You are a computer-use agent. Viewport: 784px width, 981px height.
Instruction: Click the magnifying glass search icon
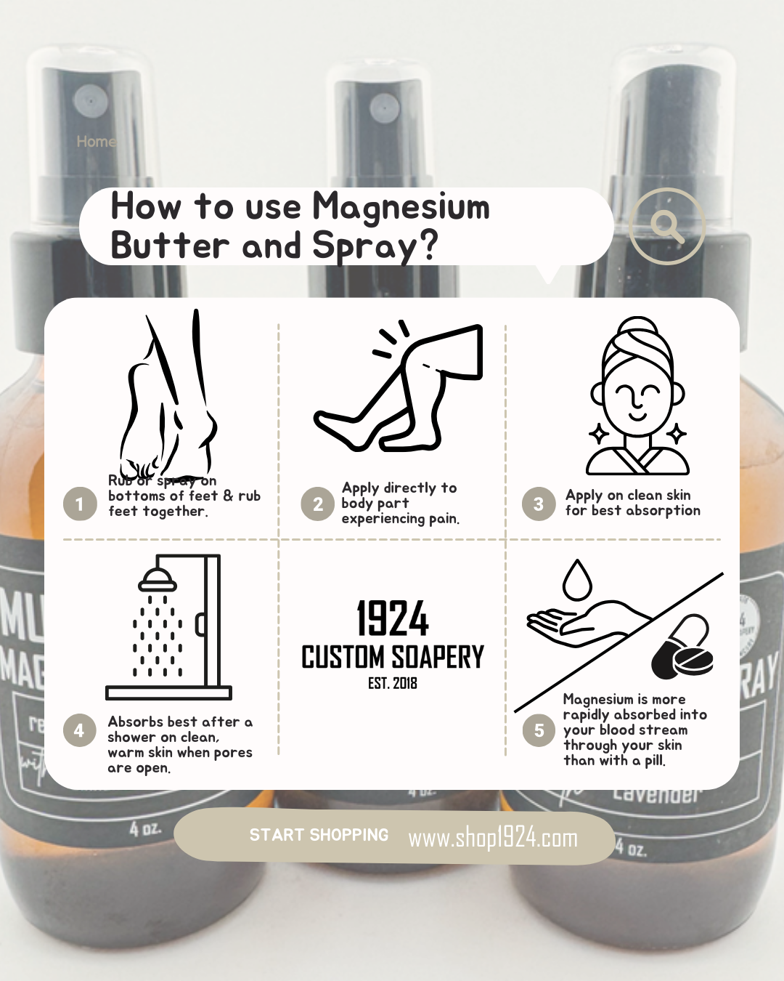pos(667,226)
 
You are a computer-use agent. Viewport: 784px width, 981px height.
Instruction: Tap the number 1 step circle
pos(80,504)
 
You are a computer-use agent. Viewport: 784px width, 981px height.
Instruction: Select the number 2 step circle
pos(318,504)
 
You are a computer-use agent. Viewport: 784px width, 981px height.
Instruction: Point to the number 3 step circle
pos(539,504)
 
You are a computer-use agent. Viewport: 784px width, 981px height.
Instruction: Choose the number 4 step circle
pos(79,730)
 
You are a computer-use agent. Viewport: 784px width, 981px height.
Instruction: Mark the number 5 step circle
pos(539,730)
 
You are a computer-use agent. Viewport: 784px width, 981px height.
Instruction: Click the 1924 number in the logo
pos(392,619)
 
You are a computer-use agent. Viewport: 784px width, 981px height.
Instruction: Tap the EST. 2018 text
pos(392,683)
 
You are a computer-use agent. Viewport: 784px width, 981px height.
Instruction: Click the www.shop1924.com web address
pos(493,838)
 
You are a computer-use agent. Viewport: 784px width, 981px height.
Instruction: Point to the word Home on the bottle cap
pos(96,142)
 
